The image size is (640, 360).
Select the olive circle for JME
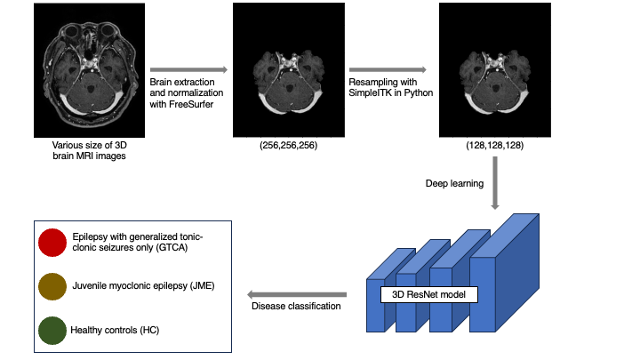pyautogui.click(x=52, y=286)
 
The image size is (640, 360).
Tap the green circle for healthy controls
pyautogui.click(x=52, y=330)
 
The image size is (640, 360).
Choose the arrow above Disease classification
pyautogui.click(x=296, y=294)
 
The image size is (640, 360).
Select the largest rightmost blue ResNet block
pyautogui.click(x=507, y=276)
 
